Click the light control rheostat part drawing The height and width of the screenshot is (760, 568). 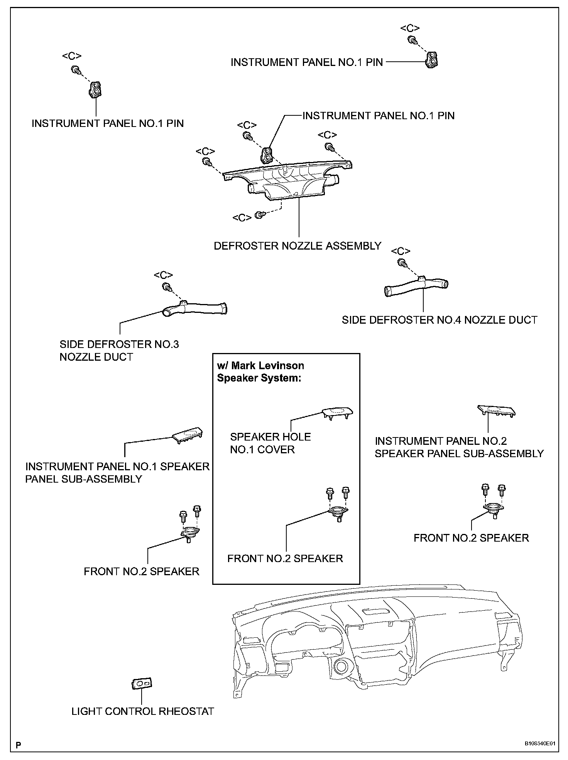[x=142, y=684]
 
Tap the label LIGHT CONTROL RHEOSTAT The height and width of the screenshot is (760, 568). [x=143, y=711]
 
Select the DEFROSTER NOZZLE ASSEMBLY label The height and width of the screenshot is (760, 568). [x=298, y=246]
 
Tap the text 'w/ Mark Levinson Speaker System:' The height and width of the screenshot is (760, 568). [x=260, y=372]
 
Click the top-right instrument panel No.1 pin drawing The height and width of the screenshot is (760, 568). [x=432, y=60]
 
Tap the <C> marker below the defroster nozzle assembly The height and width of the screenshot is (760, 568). [x=242, y=218]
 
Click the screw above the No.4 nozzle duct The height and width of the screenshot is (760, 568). [x=402, y=263]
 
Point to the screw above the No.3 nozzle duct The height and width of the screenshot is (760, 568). [x=166, y=287]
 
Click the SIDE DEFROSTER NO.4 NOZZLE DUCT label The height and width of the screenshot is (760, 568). [x=440, y=320]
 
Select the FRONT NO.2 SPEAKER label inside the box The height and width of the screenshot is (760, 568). [x=285, y=559]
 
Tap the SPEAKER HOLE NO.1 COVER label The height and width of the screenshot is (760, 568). [x=270, y=443]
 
